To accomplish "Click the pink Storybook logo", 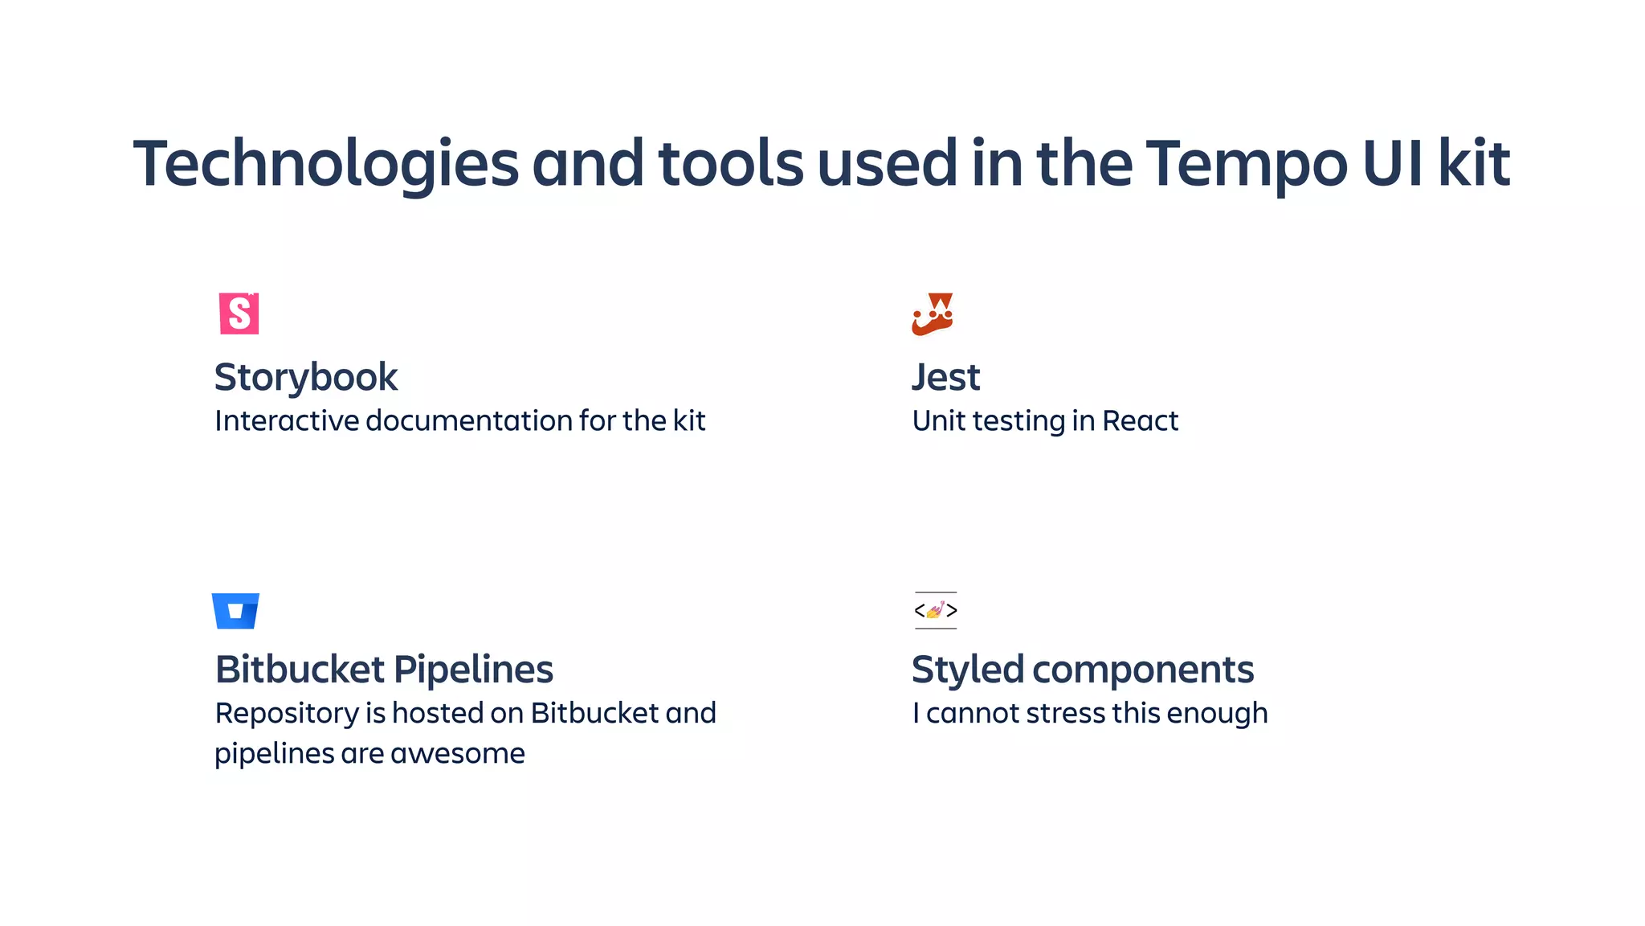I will pyautogui.click(x=239, y=313).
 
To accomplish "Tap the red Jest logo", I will pyautogui.click(x=933, y=313).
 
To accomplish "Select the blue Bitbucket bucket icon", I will pyautogui.click(x=235, y=611).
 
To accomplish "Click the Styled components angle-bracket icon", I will pyautogui.click(x=936, y=611).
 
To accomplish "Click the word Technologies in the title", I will pyautogui.click(x=326, y=164).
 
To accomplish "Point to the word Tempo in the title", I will pyautogui.click(x=1246, y=164).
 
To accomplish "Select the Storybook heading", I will pyautogui.click(x=306, y=377).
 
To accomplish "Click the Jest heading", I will pyautogui.click(x=946, y=377).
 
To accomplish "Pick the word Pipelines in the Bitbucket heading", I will pyautogui.click(x=474, y=670).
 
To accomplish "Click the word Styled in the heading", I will pyautogui.click(x=968, y=670).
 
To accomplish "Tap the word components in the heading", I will pyautogui.click(x=1143, y=670).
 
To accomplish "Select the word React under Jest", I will pyautogui.click(x=1140, y=421).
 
